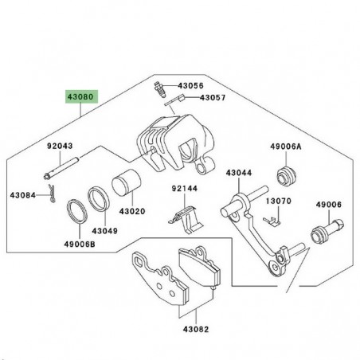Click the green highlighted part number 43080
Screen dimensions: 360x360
(x=80, y=97)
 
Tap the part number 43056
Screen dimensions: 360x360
(x=190, y=84)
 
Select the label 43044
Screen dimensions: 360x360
(x=238, y=172)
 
